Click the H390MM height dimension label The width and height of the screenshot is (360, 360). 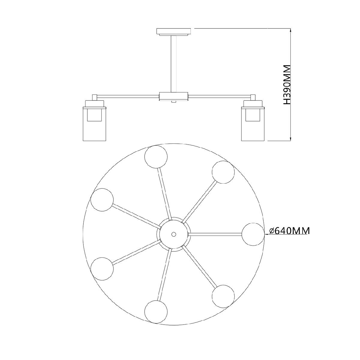(287, 87)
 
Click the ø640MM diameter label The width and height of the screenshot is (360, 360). (289, 231)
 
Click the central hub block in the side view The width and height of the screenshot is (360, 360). (174, 96)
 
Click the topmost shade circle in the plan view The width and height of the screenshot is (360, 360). (156, 157)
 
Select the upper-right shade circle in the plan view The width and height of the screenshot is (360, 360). (223, 172)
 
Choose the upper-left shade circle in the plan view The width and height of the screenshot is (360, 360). (102, 200)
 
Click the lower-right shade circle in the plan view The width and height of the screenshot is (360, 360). (223, 296)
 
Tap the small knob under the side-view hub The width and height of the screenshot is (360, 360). (174, 102)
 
